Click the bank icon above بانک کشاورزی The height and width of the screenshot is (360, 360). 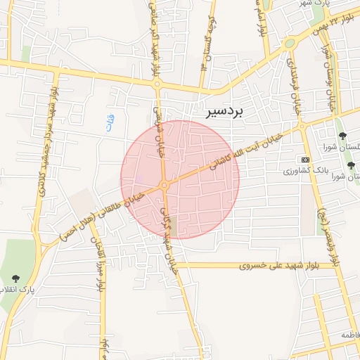point(304,160)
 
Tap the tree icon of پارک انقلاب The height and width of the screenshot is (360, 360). point(15,279)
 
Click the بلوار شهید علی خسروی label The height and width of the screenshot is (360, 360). point(280,266)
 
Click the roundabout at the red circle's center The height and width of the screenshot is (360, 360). point(165,185)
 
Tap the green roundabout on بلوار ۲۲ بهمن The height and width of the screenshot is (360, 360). point(289,44)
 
